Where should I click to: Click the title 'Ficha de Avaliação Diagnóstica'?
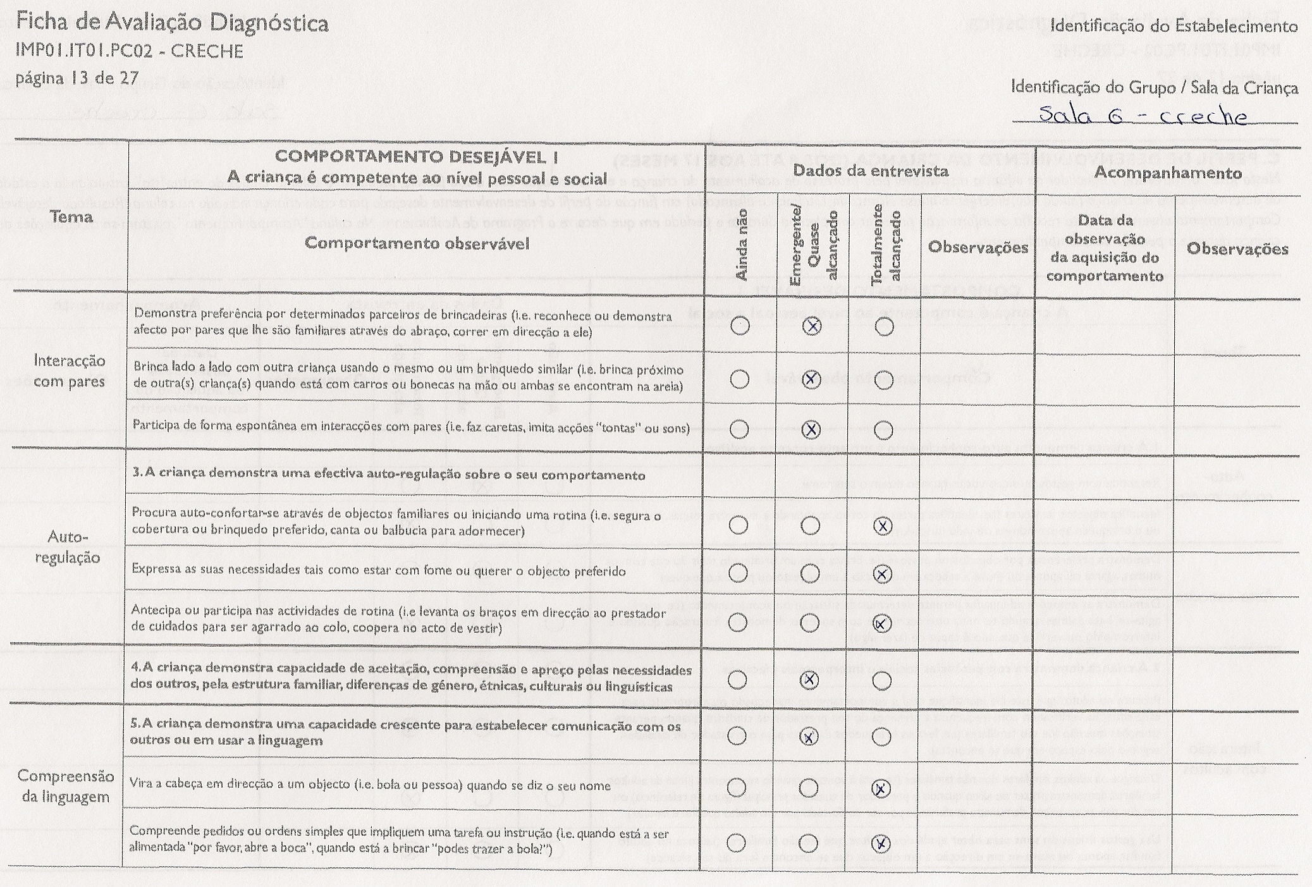(x=172, y=24)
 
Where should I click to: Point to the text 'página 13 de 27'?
(x=77, y=78)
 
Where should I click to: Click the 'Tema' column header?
(x=71, y=217)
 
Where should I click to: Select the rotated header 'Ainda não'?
(x=742, y=245)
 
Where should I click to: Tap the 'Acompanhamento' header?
(x=1167, y=172)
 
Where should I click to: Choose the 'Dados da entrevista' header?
(x=870, y=171)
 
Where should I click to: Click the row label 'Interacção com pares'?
(x=69, y=371)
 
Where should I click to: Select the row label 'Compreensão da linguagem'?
(x=66, y=786)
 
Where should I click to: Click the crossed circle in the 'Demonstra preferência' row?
(x=812, y=326)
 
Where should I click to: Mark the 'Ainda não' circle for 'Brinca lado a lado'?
(x=739, y=379)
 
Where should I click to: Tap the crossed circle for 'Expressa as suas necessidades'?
(x=883, y=573)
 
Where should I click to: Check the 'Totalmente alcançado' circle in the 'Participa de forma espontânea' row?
(x=883, y=431)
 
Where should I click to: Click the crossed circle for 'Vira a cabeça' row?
(x=881, y=788)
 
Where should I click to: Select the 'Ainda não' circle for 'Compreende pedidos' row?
(x=736, y=843)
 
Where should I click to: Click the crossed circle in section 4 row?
(x=810, y=680)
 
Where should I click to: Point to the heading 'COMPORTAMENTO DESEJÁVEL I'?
(x=417, y=157)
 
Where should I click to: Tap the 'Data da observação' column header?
(x=1105, y=248)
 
